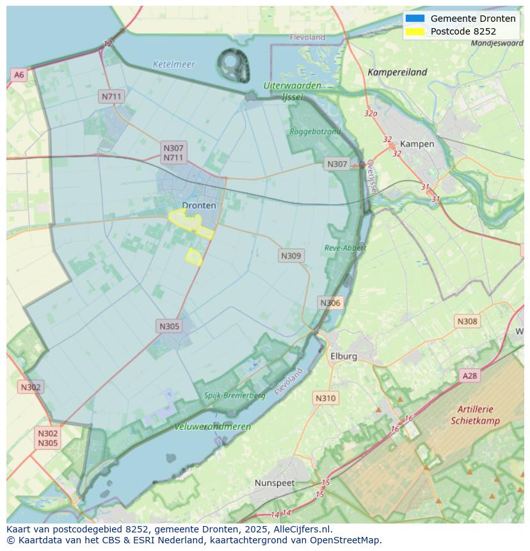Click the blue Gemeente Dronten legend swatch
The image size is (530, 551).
tap(415, 19)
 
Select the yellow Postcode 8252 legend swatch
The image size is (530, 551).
tap(415, 31)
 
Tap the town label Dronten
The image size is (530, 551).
tap(199, 205)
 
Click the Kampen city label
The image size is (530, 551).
tap(417, 144)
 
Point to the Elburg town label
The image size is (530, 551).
tap(343, 356)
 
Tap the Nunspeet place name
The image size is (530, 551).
tap(275, 483)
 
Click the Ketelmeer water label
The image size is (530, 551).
tap(174, 65)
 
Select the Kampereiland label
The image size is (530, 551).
tap(397, 72)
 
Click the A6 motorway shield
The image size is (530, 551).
tap(19, 75)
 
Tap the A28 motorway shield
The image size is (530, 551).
tap(470, 376)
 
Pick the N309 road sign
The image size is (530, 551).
tap(291, 255)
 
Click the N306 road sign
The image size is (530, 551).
tap(330, 303)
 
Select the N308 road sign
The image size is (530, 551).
tap(467, 321)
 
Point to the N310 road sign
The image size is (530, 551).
tap(325, 398)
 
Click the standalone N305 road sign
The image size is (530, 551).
tap(169, 326)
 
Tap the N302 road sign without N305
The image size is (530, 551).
tap(31, 387)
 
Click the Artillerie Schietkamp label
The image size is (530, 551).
tap(475, 415)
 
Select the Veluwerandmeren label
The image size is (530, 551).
tap(213, 426)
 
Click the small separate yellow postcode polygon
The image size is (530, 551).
tap(194, 257)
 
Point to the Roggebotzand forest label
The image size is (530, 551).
tap(315, 131)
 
